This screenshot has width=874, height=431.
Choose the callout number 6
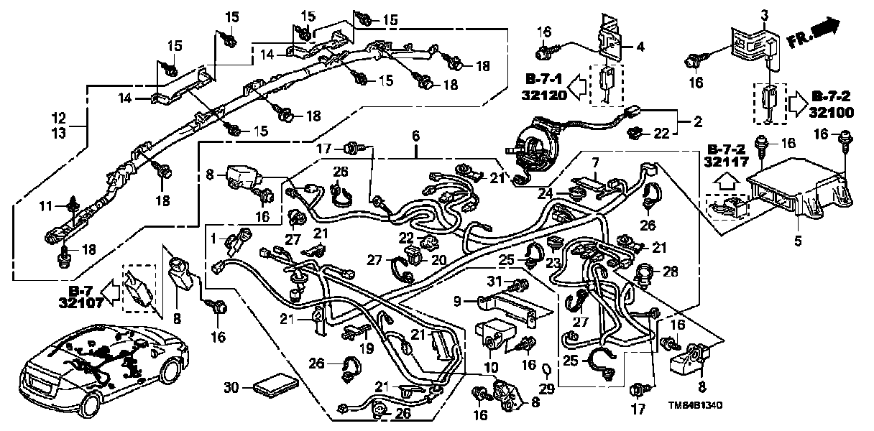pos(415,135)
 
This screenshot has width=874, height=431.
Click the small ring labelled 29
pos(546,371)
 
